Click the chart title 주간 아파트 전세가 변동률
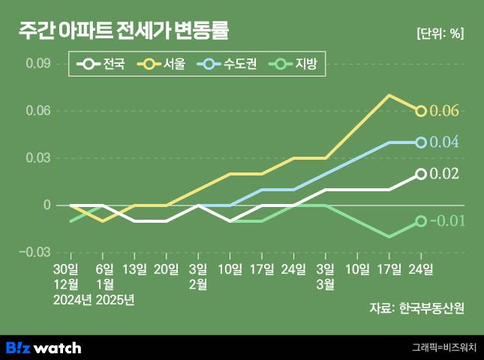(x=123, y=31)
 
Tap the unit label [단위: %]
(x=439, y=33)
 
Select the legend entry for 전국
(x=105, y=64)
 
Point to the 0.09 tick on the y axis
(x=38, y=64)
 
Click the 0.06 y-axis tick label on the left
(x=38, y=111)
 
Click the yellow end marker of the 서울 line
(x=421, y=111)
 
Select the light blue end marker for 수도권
(x=421, y=142)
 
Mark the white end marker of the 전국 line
(x=421, y=174)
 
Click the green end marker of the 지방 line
(x=421, y=221)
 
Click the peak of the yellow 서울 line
(x=389, y=95)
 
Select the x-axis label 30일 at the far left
(x=66, y=268)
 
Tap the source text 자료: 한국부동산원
(x=416, y=307)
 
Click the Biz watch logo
(x=44, y=347)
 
